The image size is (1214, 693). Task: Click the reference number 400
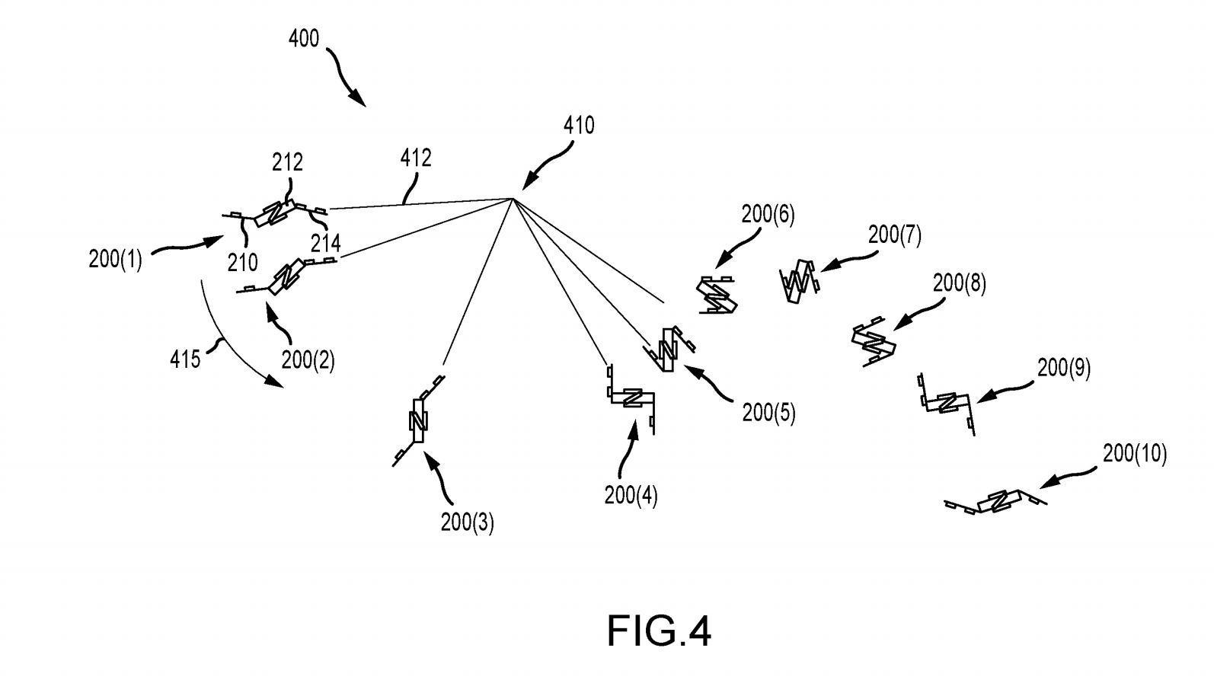point(304,38)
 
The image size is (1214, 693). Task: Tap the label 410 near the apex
point(579,125)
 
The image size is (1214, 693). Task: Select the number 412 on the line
point(416,158)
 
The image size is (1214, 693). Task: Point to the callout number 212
point(287,161)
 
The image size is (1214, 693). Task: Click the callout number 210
point(242,263)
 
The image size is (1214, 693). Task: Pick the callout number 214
point(325,243)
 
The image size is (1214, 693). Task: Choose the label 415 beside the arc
point(185,358)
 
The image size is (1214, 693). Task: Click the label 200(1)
point(115,259)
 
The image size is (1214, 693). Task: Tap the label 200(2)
point(308,359)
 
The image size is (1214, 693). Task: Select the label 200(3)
point(467,522)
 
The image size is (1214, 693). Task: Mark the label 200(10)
point(1134,454)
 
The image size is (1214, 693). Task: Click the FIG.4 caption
point(659,631)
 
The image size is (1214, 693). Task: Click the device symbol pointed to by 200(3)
point(418,420)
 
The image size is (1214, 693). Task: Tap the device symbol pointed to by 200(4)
point(631,399)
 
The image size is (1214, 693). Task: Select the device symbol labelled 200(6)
point(717,295)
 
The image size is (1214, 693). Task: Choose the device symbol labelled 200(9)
point(947,403)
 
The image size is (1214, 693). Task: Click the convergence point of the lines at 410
point(513,199)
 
